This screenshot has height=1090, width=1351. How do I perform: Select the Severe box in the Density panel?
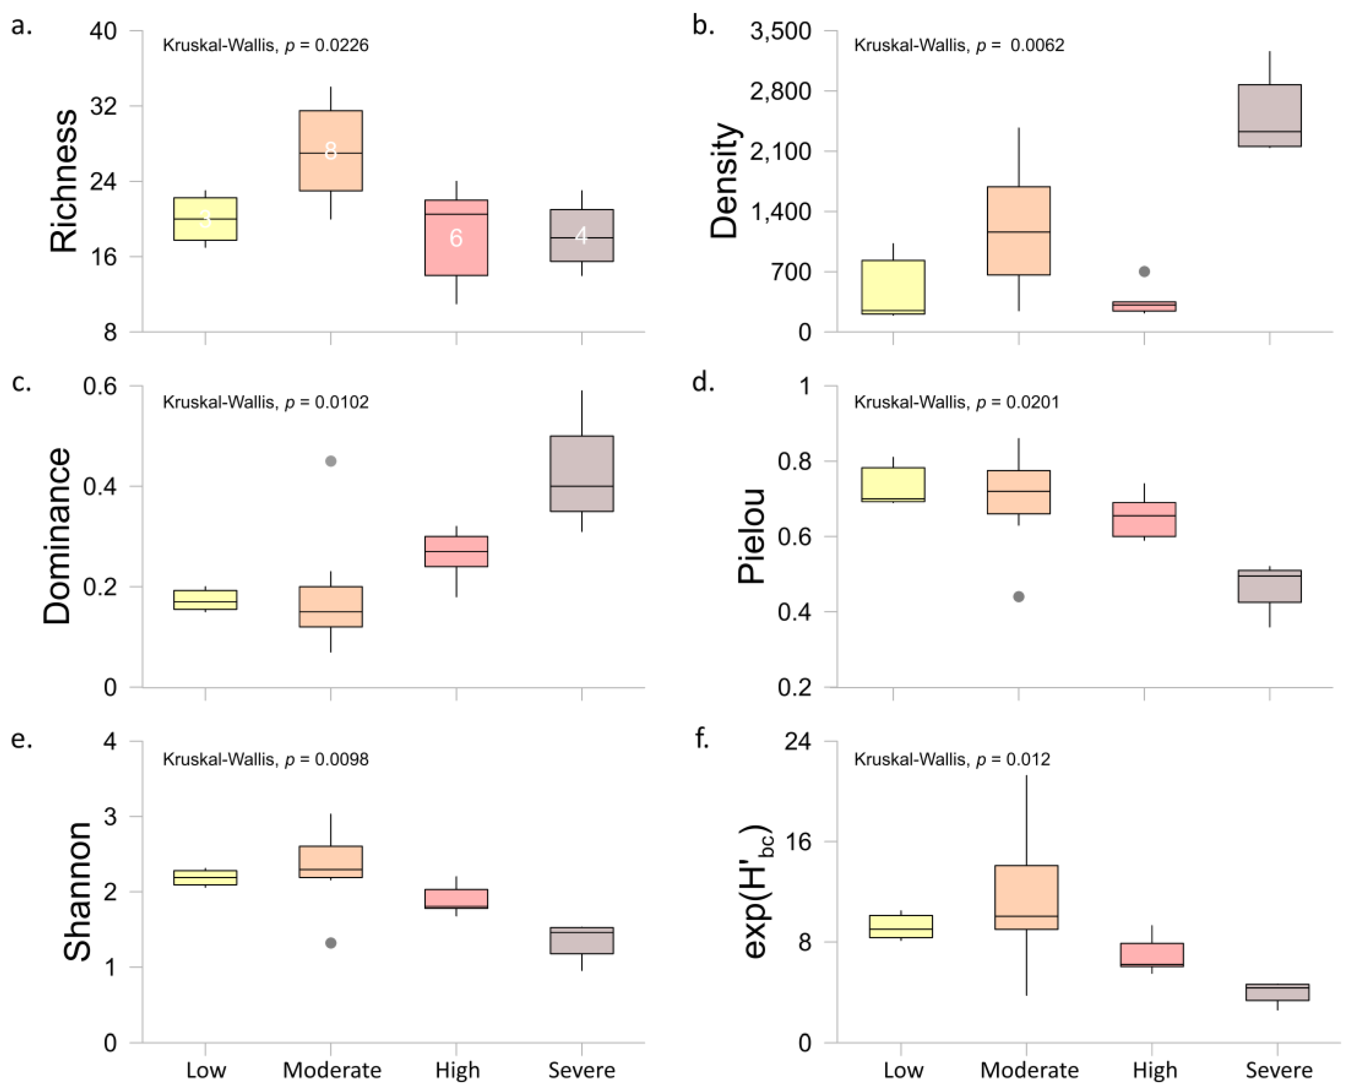(x=1269, y=116)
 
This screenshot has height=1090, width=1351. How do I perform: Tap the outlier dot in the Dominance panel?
(x=331, y=461)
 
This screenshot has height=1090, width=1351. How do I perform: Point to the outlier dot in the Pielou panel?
(x=1019, y=596)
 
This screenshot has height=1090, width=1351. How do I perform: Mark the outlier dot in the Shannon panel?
(x=331, y=943)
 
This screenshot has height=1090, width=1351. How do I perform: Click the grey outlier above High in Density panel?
(x=1144, y=271)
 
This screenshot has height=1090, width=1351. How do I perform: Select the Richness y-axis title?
(x=64, y=181)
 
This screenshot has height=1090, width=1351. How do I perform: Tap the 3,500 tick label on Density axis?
(x=780, y=31)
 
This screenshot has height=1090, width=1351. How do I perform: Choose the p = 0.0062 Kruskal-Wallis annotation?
(x=959, y=45)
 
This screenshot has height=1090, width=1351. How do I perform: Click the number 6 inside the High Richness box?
(x=456, y=238)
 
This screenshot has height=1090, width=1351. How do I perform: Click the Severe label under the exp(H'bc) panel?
(x=1279, y=1069)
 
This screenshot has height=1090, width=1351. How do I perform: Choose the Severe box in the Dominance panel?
(x=582, y=474)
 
